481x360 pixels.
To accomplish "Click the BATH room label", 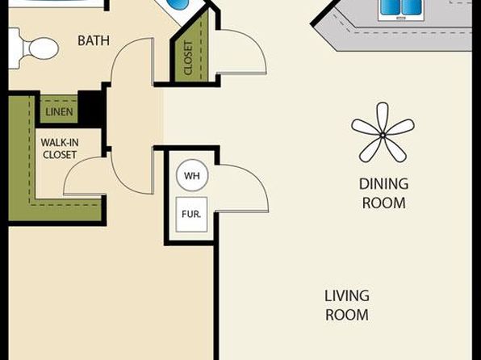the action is [x=94, y=41].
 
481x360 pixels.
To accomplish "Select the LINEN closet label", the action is [x=59, y=112].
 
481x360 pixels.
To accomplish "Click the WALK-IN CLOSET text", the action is [x=60, y=149].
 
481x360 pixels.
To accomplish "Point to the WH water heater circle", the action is [x=192, y=175].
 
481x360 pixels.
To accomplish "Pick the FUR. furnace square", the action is [x=191, y=214].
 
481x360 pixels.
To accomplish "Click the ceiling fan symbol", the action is [x=383, y=133].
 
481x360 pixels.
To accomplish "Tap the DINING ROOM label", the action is [x=384, y=194].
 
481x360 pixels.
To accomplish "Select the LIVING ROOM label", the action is [x=347, y=305].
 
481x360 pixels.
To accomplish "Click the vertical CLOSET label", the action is [x=188, y=58].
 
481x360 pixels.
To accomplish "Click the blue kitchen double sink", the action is [x=401, y=7].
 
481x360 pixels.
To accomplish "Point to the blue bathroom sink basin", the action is [x=178, y=4].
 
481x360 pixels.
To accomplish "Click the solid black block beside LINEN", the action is [x=91, y=105].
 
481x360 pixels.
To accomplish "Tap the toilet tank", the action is [x=15, y=48].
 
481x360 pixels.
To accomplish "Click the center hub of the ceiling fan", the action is [x=383, y=135].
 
